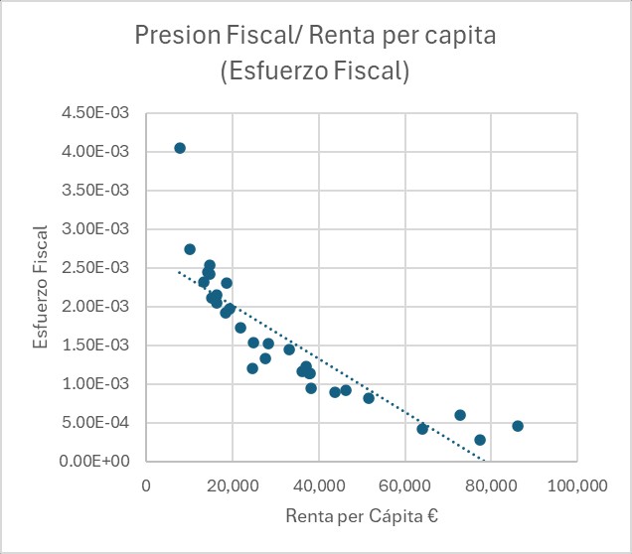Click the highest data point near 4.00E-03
tap(180, 148)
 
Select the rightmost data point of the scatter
tap(518, 426)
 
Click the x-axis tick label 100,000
tap(577, 487)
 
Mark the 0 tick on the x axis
tap(146, 487)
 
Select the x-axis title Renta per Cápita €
tap(362, 517)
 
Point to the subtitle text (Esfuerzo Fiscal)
tap(315, 72)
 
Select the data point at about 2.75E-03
tap(190, 249)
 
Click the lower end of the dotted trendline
tap(483, 460)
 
